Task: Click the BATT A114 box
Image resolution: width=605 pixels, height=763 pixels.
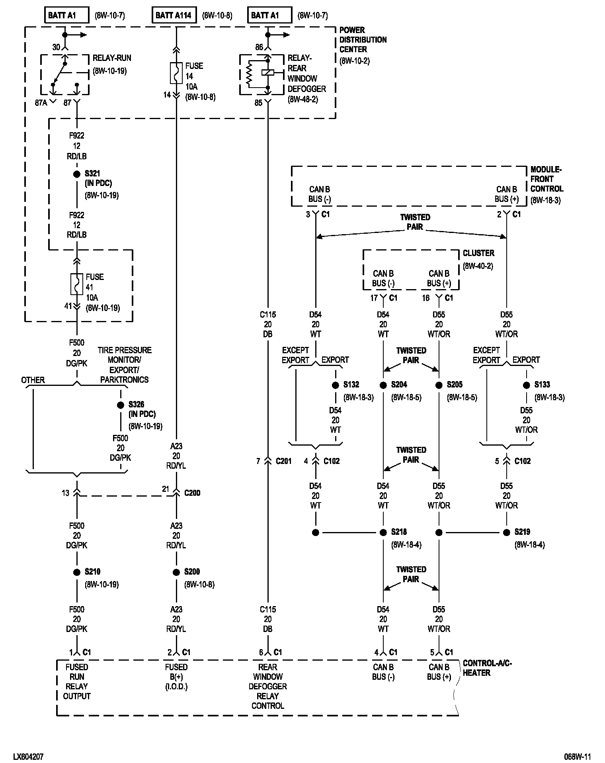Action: click(173, 16)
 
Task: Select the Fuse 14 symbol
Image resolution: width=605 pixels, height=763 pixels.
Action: click(176, 73)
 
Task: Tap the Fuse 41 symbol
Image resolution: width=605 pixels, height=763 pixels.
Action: click(76, 284)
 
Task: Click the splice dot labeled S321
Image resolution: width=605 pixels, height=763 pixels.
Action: click(77, 174)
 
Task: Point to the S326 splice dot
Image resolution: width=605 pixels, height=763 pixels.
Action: click(121, 405)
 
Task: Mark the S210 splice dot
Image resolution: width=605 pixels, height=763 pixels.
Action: click(77, 572)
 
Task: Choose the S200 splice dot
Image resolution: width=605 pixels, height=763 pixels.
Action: click(176, 572)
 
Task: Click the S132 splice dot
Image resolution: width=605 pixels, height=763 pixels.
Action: click(336, 385)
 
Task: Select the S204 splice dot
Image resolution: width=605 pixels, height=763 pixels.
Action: click(383, 385)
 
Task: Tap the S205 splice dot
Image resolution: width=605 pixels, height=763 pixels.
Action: click(439, 385)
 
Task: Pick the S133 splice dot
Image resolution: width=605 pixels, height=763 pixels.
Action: click(527, 385)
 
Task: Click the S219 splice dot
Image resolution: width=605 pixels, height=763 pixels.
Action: click(507, 532)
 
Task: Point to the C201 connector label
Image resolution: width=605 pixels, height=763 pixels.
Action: click(283, 461)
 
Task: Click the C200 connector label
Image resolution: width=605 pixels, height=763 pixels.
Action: click(192, 493)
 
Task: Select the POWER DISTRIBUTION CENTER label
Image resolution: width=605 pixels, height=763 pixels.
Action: click(363, 40)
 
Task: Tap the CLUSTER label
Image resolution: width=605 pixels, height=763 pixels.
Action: click(478, 253)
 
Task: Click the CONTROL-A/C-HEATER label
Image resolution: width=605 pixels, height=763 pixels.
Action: click(487, 668)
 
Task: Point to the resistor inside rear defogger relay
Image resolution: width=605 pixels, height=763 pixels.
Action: click(249, 74)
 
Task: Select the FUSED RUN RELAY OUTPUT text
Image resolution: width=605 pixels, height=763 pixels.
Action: click(77, 681)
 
